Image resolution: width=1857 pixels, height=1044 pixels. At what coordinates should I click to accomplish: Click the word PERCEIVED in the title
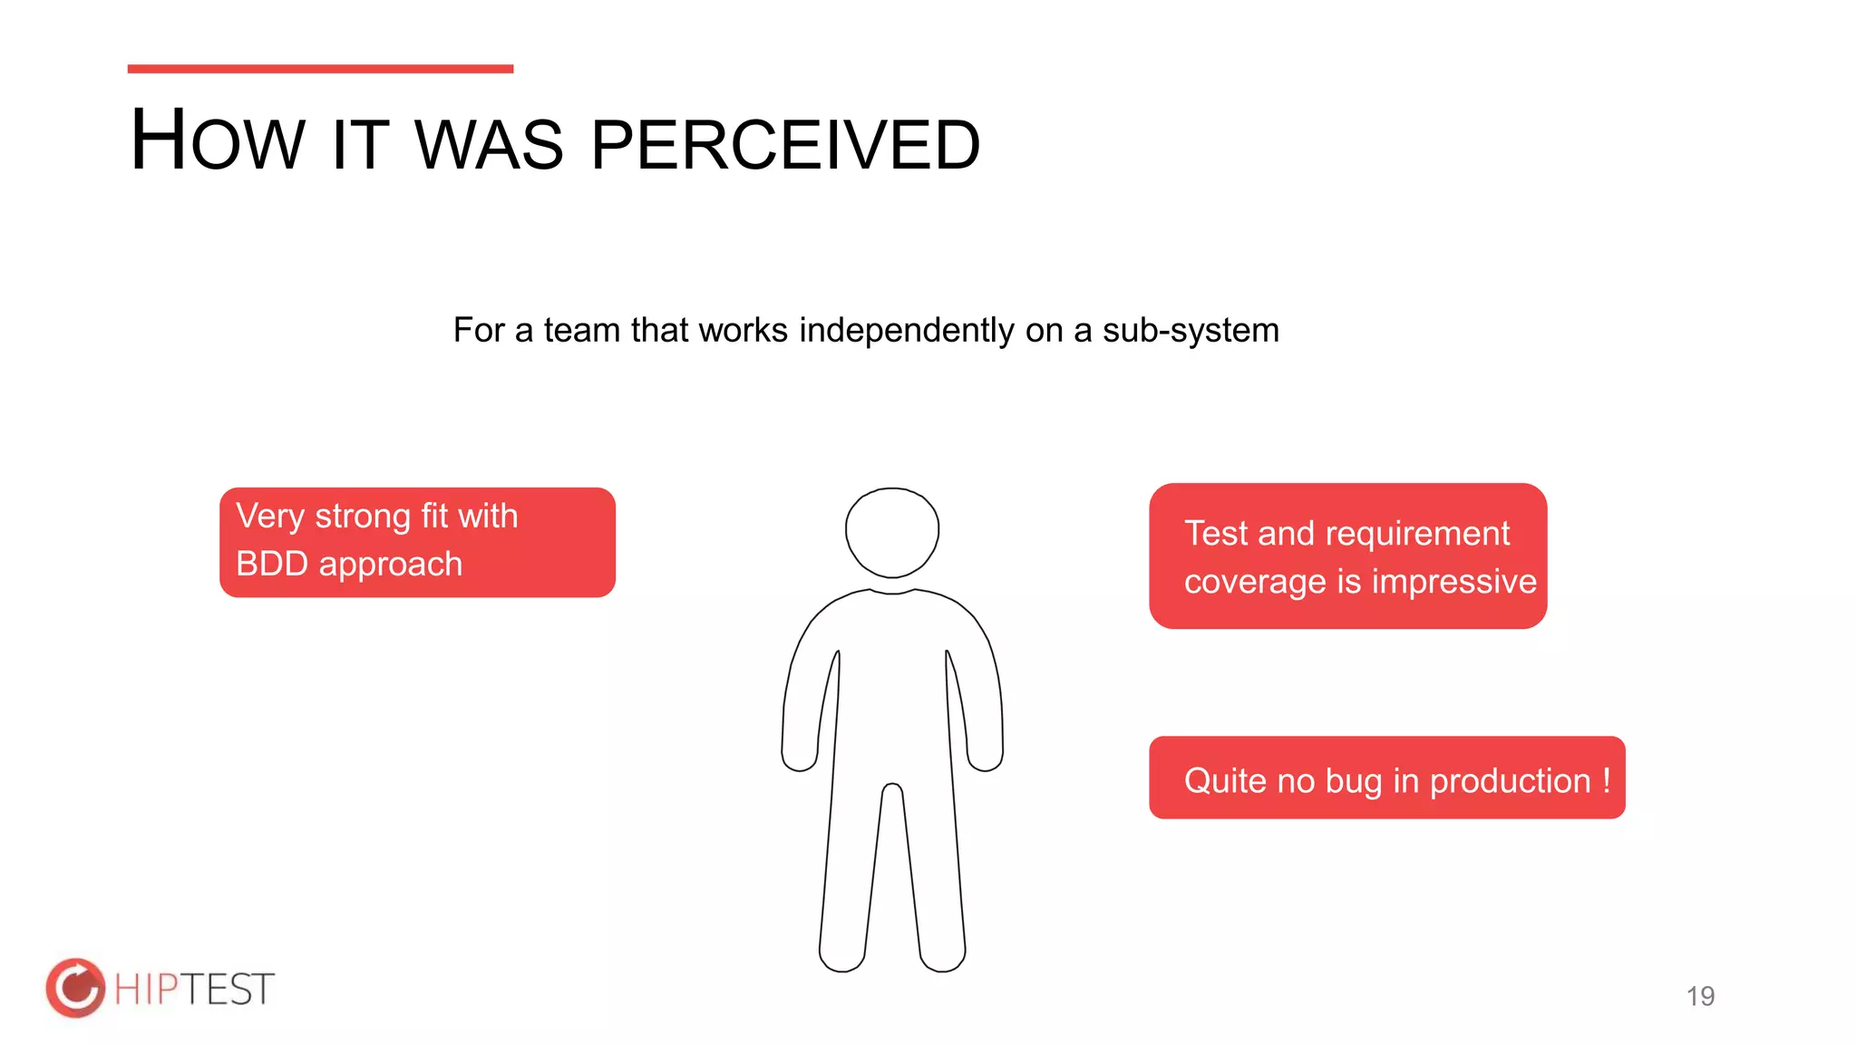(785, 145)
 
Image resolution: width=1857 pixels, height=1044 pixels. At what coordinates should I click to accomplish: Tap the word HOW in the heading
(218, 141)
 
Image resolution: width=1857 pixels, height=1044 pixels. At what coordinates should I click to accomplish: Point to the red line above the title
(320, 69)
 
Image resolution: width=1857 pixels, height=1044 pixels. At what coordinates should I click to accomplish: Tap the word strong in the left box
(363, 516)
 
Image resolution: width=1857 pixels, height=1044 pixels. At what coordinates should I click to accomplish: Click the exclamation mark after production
(1607, 780)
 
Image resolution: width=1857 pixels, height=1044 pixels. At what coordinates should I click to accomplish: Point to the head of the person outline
(892, 532)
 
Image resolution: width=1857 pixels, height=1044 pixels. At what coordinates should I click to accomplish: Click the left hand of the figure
(800, 756)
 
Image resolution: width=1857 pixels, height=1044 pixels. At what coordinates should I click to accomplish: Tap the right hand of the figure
(986, 756)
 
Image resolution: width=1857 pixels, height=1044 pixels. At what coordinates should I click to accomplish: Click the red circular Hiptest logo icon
(75, 988)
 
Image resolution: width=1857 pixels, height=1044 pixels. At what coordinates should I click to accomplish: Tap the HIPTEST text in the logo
(194, 989)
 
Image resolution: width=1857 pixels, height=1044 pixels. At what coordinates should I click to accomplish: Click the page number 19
(1700, 996)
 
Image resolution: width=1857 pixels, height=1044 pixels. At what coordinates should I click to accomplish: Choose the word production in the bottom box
(1510, 781)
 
